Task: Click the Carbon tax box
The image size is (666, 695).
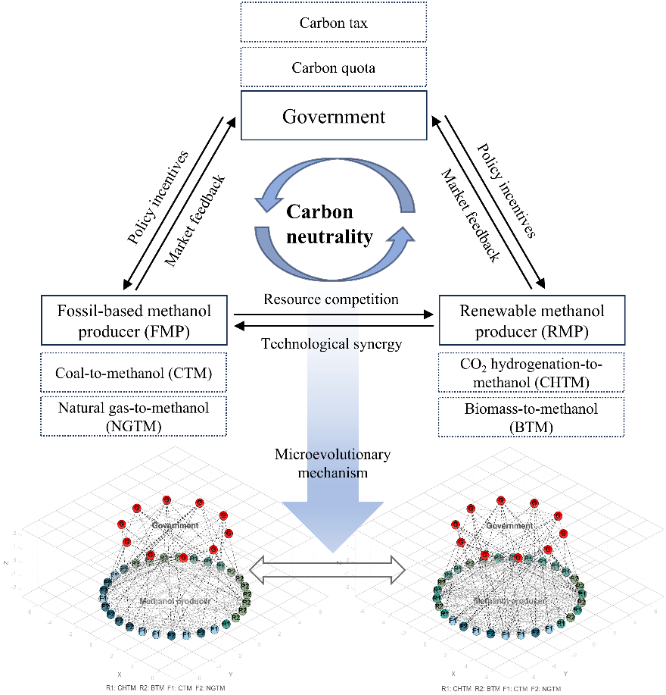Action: (333, 23)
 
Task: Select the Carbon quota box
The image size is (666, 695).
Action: (333, 68)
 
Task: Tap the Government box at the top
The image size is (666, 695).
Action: (333, 116)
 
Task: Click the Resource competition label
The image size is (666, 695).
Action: (331, 299)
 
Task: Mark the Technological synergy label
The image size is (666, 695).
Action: (331, 343)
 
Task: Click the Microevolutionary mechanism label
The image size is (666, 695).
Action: (332, 462)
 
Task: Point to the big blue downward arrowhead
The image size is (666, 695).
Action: (332, 531)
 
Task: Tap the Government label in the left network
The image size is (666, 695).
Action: (174, 524)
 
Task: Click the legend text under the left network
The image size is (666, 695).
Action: (166, 687)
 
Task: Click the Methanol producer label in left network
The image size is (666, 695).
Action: (175, 600)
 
